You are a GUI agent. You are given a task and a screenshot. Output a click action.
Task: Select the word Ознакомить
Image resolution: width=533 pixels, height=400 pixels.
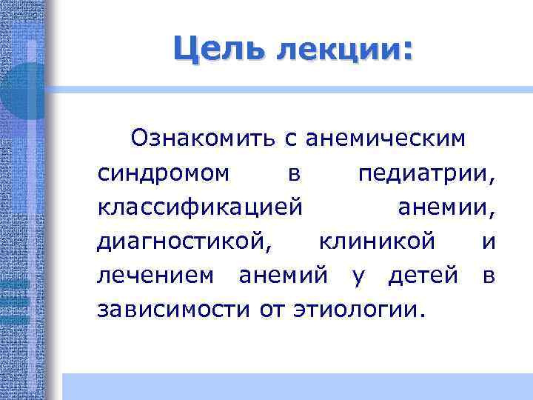198,138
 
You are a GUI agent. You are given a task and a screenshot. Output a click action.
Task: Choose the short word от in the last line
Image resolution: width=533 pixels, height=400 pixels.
269,309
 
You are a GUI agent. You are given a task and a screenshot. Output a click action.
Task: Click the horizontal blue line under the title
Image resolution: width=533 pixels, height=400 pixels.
296,88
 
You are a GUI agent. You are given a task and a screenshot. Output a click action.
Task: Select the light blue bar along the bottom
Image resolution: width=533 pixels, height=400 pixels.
296,386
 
